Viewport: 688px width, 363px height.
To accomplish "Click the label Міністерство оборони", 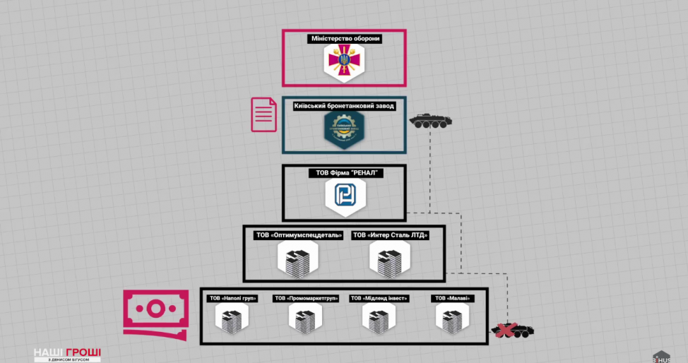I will [345, 39].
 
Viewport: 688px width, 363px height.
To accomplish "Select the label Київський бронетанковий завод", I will [344, 106].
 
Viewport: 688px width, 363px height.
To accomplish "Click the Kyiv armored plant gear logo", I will [344, 131].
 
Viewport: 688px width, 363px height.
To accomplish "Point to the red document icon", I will [264, 114].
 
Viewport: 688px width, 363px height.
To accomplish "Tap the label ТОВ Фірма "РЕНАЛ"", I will [345, 173].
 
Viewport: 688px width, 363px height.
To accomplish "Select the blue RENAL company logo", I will [344, 198].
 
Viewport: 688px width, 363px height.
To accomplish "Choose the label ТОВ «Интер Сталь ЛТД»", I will [390, 235].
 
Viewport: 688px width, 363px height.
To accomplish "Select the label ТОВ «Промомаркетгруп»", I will [306, 299].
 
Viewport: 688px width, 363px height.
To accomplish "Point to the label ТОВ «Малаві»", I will [453, 299].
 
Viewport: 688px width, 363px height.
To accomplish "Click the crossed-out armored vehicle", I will [513, 328].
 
